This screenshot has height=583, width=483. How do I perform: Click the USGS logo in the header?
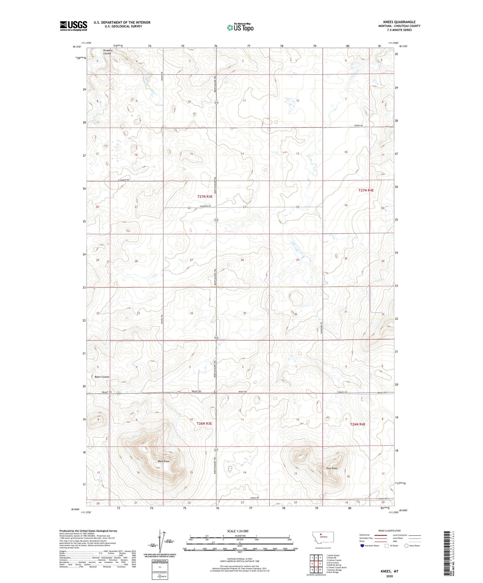coord(74,25)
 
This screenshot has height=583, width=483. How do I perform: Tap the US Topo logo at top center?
coord(240,27)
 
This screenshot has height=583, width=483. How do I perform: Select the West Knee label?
coord(164,461)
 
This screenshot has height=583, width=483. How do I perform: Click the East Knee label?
coord(332,468)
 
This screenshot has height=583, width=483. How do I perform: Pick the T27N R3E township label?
coord(205,197)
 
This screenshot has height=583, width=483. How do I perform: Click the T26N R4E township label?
coord(358,424)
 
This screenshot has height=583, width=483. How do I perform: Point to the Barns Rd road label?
coord(359,126)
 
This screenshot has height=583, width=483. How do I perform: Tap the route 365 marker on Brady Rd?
coord(119,393)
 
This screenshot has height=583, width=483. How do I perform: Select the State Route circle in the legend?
coord(406,546)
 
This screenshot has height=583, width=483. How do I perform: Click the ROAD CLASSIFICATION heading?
coord(390,531)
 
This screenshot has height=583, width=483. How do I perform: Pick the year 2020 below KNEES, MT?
coord(389,576)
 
